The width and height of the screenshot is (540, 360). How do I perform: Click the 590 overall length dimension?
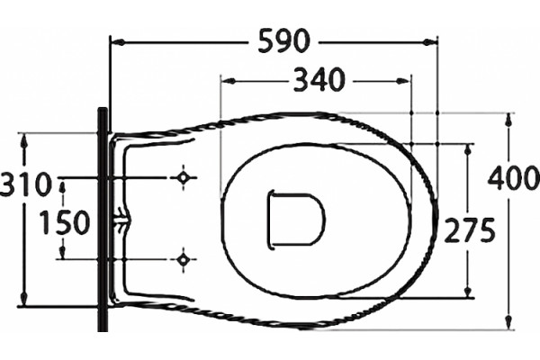[x=284, y=41]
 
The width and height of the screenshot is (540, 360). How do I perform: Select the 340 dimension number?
[x=319, y=80]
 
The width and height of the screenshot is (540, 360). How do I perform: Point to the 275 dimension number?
[x=470, y=230]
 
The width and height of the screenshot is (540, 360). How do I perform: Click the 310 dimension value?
[x=25, y=184]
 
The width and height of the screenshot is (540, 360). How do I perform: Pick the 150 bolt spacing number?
[x=65, y=222]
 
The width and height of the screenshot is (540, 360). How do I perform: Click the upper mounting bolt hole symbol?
[x=184, y=178]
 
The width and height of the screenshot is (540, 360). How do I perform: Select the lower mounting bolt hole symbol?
[x=184, y=259]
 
